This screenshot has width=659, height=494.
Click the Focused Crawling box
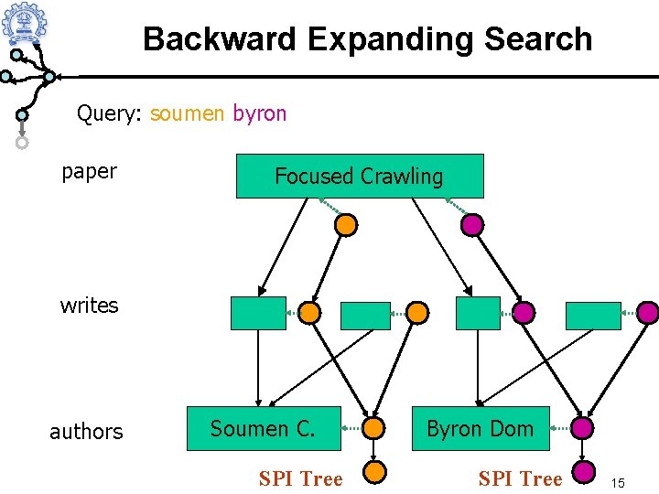tap(360, 176)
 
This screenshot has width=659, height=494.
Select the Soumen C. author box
tap(264, 428)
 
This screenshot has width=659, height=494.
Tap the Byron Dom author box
tap(481, 428)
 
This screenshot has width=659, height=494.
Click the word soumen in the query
tap(187, 113)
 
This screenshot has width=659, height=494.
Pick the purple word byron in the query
tap(260, 114)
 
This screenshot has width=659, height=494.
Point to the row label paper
tap(89, 172)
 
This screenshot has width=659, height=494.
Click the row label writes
tap(89, 306)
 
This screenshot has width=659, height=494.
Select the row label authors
tap(86, 432)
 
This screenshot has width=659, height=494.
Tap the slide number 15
tap(618, 483)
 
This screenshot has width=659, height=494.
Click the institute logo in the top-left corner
tap(25, 22)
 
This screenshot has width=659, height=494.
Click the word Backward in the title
tap(220, 38)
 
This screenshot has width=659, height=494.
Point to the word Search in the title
tap(538, 38)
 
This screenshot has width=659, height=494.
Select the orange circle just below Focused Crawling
tap(346, 225)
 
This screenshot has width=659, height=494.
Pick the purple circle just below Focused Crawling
tap(472, 225)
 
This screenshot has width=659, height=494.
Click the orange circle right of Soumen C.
tap(373, 428)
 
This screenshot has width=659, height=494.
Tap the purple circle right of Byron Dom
tap(582, 428)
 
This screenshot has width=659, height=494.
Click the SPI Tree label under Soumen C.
tap(301, 478)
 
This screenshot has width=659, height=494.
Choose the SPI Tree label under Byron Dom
tap(520, 478)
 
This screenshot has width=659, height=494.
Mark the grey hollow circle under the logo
tap(22, 143)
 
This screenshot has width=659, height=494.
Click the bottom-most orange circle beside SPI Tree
tap(374, 472)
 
